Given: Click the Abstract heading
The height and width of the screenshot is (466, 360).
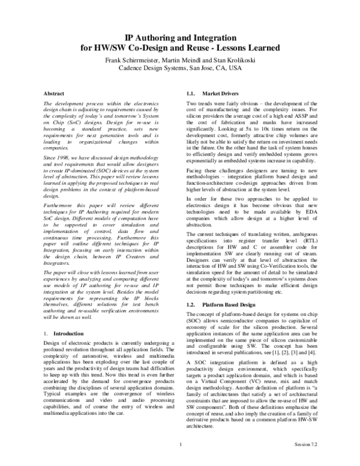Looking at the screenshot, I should pos(55,94).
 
